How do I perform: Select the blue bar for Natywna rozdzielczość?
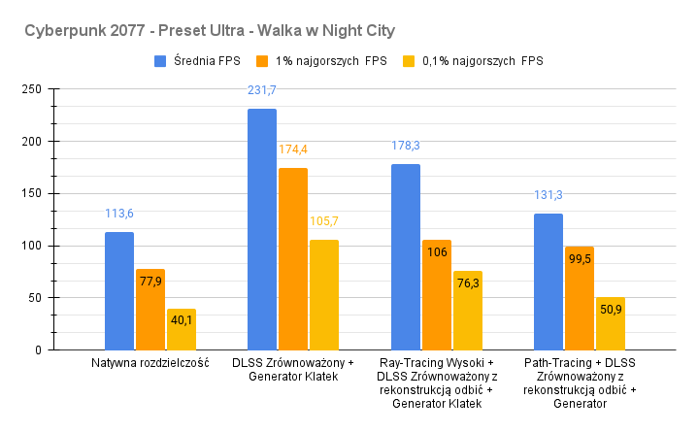tap(119, 290)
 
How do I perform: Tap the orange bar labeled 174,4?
tap(292, 258)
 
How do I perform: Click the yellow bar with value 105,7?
tap(323, 294)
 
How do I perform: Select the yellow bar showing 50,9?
tap(610, 323)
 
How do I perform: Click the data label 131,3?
tap(548, 194)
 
